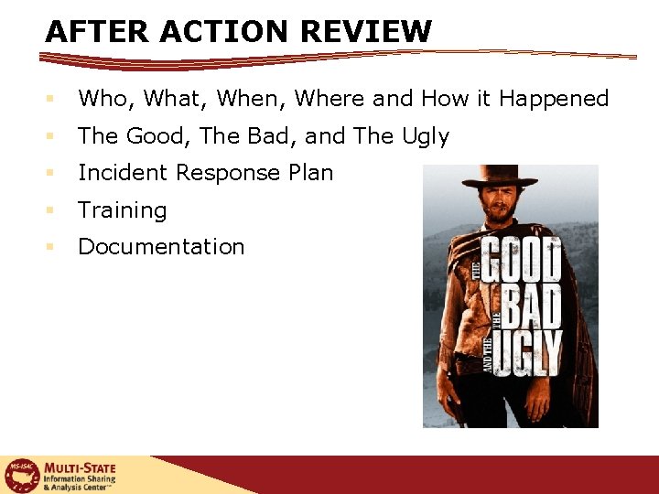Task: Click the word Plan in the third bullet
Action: click(310, 173)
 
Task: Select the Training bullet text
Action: click(123, 210)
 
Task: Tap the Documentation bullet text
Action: click(161, 247)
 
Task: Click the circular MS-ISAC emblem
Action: click(21, 476)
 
